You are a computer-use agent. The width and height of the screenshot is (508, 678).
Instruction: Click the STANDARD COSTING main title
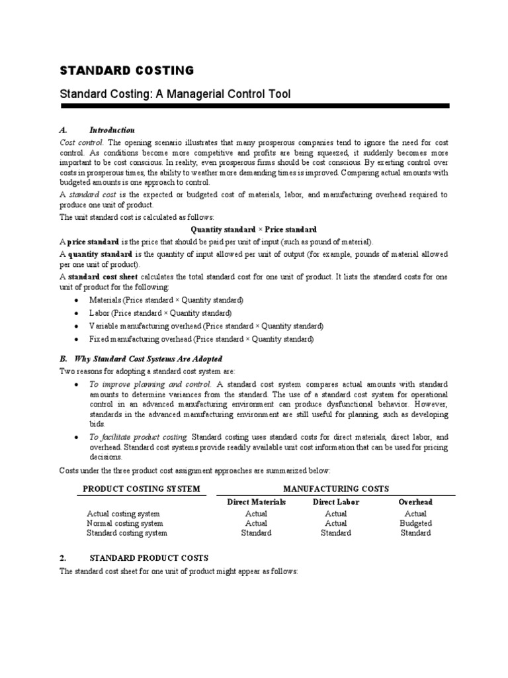click(x=127, y=70)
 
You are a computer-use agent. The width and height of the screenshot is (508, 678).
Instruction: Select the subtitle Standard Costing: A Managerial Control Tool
click(x=175, y=95)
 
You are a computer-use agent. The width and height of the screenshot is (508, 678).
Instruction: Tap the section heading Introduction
click(x=112, y=130)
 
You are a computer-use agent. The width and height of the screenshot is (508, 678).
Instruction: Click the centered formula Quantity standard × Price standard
click(x=253, y=229)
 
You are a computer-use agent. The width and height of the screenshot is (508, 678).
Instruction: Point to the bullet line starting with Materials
click(x=166, y=300)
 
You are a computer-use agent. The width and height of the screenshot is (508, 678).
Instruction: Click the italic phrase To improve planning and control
click(x=150, y=384)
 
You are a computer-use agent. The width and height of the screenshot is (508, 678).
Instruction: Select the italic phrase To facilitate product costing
click(x=139, y=437)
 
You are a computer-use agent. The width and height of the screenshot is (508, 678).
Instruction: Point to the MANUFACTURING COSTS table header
click(x=336, y=489)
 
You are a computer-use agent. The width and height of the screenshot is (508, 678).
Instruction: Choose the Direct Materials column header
click(x=256, y=502)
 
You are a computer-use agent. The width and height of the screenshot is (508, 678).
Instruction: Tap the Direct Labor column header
click(x=335, y=502)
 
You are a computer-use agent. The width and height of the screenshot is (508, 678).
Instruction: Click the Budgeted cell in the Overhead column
click(x=415, y=523)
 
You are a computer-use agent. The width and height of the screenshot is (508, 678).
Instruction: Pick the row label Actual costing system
click(x=123, y=513)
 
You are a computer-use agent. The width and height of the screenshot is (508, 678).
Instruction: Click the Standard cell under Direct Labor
click(x=335, y=533)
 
